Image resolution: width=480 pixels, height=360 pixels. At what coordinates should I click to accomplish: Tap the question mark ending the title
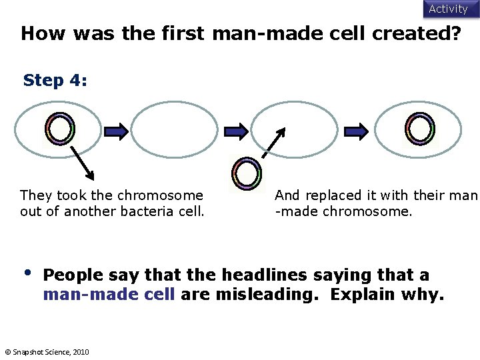click(455, 34)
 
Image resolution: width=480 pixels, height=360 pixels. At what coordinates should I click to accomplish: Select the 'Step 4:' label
click(55, 81)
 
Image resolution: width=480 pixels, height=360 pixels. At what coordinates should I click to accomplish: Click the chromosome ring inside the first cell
click(60, 129)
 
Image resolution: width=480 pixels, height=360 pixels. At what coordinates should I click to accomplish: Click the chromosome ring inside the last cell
click(419, 129)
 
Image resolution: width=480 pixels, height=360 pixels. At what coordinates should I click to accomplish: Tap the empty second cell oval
click(174, 129)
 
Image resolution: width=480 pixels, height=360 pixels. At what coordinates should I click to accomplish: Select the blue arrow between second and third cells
click(236, 132)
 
